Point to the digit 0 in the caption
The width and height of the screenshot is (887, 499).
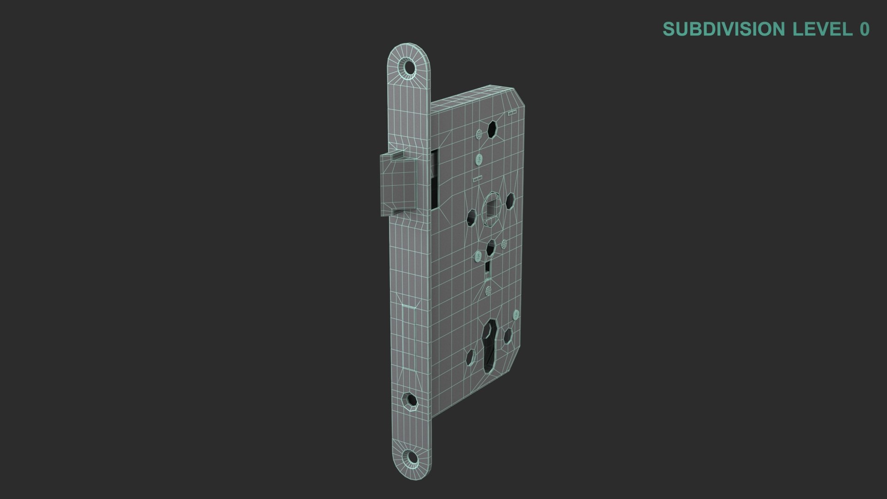pos(864,29)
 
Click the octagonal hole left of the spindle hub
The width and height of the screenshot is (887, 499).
pos(471,217)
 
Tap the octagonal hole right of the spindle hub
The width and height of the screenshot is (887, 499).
pos(510,201)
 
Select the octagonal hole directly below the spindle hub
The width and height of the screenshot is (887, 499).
pos(491,249)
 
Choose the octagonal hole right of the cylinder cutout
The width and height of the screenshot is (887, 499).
pos(507,336)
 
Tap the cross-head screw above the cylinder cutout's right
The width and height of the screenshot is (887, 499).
pos(516,315)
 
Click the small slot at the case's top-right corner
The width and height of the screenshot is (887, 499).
pos(512,113)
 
